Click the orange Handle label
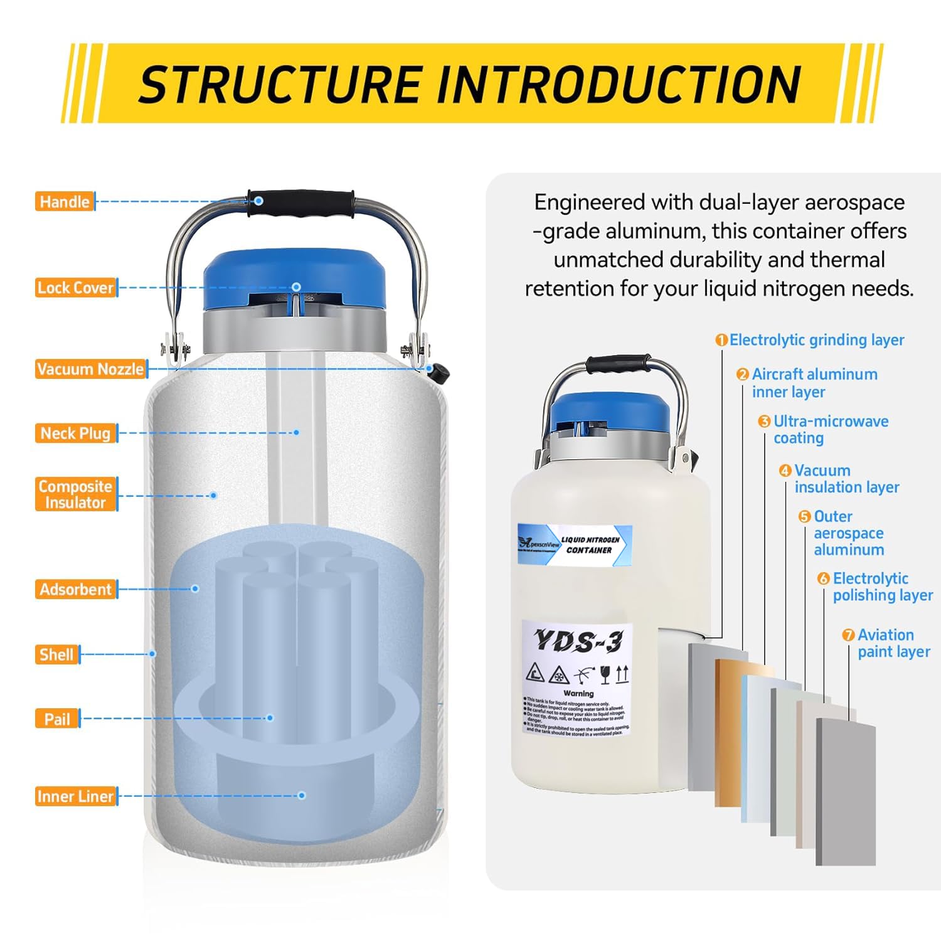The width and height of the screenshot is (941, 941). [64, 201]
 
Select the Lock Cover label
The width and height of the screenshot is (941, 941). [75, 288]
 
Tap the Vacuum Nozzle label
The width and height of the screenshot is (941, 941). [90, 369]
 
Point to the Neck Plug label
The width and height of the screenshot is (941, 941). [75, 433]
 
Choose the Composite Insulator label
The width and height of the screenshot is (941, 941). [75, 494]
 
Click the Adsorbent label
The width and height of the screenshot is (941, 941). [75, 590]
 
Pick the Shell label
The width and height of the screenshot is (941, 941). [56, 655]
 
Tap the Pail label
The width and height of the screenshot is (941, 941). [56, 719]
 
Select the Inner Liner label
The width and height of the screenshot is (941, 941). [75, 797]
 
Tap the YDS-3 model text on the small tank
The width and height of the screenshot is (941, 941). [578, 641]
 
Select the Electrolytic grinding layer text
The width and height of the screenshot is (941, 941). [816, 340]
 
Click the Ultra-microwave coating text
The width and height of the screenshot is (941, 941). [829, 430]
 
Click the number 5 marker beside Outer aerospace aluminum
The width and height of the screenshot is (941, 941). [805, 516]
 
